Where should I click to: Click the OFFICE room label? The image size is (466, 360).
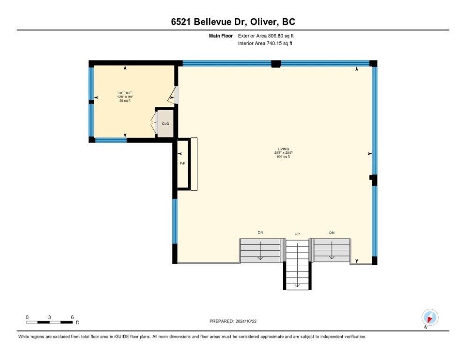125,93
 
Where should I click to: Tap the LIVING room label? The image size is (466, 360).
284,149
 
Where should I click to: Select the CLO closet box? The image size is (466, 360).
165,124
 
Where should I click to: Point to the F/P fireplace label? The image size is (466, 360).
182,164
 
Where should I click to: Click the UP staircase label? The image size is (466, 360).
297,233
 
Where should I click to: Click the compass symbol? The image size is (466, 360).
429,317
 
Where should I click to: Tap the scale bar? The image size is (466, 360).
49,322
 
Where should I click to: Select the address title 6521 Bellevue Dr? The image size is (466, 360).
233,22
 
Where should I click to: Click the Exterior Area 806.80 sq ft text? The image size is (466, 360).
266,36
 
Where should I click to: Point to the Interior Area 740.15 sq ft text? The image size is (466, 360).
265,44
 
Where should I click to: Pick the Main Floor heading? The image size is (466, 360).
222,36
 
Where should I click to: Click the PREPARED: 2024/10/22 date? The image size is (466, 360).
233,321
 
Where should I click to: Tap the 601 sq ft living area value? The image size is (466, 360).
284,157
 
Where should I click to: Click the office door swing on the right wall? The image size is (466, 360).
174,95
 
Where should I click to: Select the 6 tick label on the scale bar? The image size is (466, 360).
72,317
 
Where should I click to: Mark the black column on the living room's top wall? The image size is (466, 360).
276,64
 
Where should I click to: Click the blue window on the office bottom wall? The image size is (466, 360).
111,140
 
